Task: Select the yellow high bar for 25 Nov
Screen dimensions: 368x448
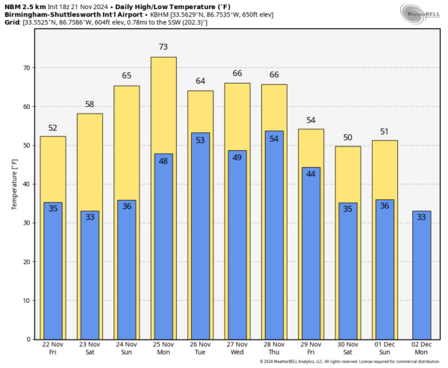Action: [164, 105]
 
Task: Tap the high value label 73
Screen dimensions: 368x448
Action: [164, 47]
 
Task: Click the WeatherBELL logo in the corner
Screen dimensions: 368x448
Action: [420, 14]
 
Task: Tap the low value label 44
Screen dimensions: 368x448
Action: [311, 174]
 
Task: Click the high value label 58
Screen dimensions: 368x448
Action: [90, 105]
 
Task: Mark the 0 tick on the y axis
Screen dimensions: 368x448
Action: [28, 340]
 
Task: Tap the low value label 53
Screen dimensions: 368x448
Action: [200, 140]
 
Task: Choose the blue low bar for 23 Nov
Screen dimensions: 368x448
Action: [90, 276]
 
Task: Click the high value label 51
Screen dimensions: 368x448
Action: [385, 132]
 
